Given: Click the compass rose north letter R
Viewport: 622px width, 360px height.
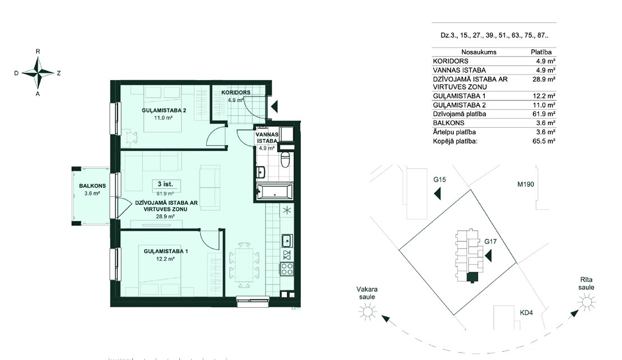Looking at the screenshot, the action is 38,51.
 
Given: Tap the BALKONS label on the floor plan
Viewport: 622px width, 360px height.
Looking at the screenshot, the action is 92,186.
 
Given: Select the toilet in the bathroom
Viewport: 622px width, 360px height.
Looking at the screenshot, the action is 286,159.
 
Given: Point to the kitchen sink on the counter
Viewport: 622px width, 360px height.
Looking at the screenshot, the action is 286,240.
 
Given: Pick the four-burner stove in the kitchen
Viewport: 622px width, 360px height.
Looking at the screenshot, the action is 287,269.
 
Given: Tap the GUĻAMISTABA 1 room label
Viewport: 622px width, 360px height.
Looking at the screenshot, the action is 166,251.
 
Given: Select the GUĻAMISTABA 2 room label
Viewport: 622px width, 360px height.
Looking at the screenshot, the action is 164,110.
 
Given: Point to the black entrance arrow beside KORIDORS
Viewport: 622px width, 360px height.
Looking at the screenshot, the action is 275,106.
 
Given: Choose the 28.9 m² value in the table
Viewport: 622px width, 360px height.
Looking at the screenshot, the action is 544,80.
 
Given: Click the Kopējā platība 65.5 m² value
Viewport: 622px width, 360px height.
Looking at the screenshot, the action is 544,141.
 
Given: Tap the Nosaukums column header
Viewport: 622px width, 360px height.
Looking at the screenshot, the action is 479,52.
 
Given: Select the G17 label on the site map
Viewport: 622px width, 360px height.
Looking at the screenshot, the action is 490,241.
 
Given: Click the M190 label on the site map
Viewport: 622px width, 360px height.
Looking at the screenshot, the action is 526,184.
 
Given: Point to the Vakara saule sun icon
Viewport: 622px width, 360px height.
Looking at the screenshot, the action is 368,311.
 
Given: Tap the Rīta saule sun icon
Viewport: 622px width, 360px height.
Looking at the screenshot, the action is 587,303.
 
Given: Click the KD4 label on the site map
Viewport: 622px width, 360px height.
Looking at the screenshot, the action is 526,313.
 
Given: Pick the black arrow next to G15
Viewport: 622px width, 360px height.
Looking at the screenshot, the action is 438,193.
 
